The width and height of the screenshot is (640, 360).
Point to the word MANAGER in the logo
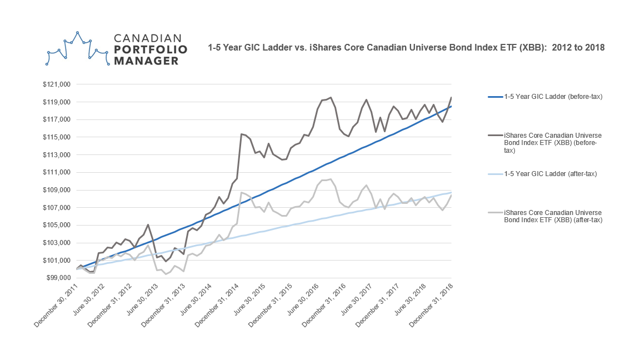pos(147,61)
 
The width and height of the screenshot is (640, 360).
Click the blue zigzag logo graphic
pos(77,49)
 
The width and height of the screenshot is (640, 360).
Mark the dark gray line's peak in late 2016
pos(331,98)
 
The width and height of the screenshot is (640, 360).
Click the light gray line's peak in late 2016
pos(331,179)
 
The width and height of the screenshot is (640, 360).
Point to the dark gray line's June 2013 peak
pos(148,224)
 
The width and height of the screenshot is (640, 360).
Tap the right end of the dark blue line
pos(451,106)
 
